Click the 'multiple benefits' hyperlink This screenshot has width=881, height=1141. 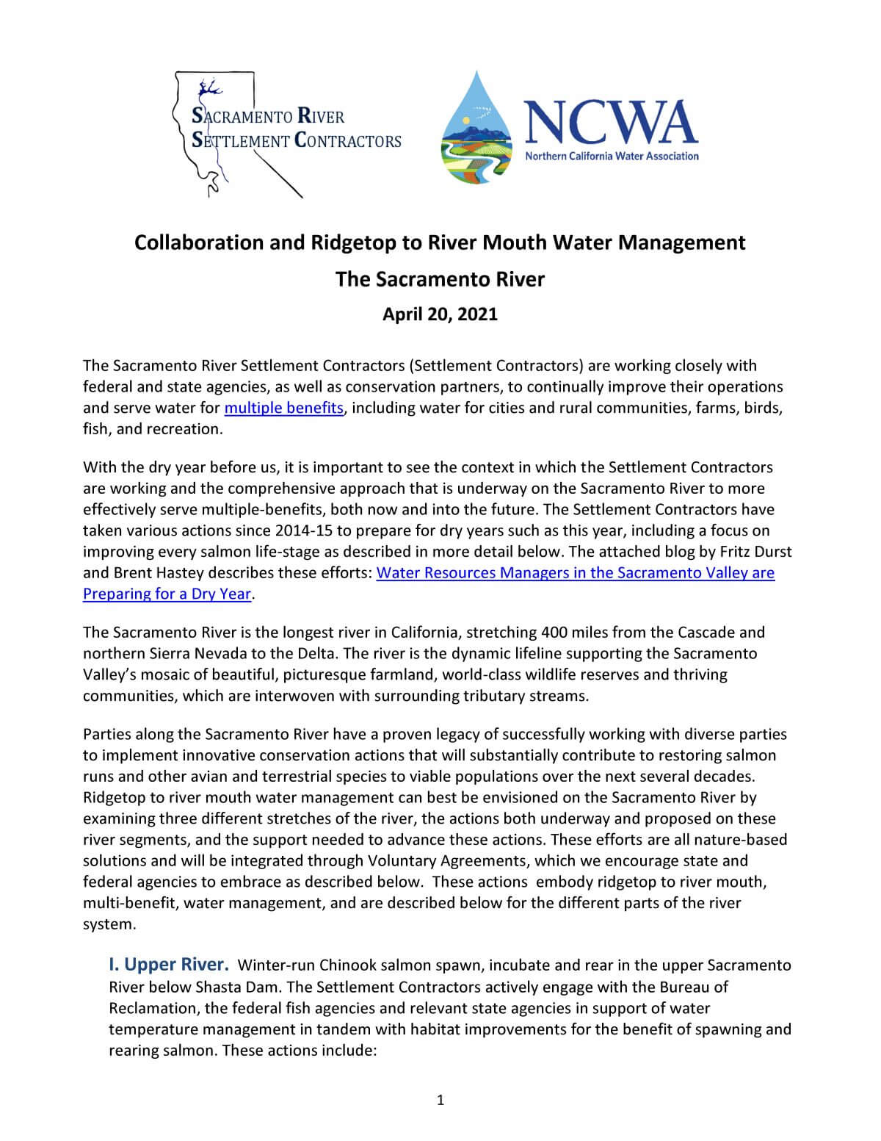click(283, 408)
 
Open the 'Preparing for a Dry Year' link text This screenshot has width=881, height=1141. click(167, 594)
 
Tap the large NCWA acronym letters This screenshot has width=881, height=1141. click(610, 122)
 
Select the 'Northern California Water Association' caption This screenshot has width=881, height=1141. click(612, 156)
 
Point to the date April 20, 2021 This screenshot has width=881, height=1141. click(440, 314)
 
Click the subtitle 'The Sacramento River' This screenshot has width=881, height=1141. click(440, 280)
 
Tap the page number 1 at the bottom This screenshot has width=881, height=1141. click(440, 1100)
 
